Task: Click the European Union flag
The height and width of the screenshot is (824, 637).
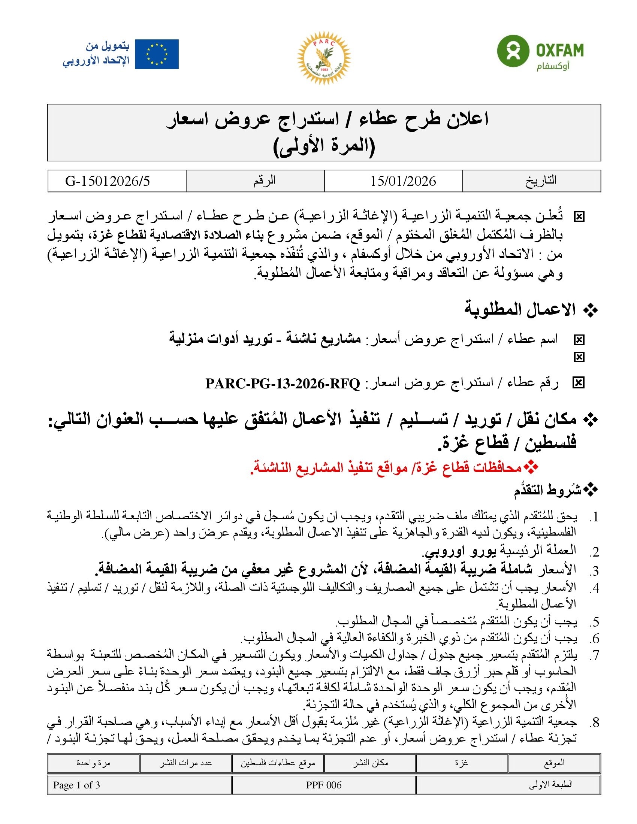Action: coord(157,54)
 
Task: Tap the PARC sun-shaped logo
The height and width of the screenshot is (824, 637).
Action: coord(324,58)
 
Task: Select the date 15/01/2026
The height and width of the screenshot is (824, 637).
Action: coord(403,181)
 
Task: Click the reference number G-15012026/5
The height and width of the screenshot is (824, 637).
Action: coord(108,181)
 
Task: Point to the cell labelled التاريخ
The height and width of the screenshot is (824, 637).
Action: coord(541,181)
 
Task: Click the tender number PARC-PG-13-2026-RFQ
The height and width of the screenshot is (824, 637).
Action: coord(283,384)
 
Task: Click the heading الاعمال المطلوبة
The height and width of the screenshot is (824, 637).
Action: coord(520,310)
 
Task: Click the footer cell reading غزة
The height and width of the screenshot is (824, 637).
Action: coord(462,763)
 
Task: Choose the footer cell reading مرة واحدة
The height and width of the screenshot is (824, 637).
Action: coord(93,763)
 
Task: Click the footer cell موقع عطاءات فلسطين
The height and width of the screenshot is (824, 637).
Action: coord(278,763)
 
